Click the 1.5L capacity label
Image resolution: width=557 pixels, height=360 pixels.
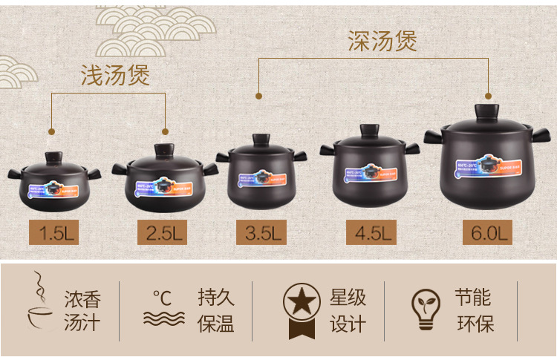click(53, 232)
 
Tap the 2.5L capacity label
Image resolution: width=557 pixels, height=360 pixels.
click(161, 232)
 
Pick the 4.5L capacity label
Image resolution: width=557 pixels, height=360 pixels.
click(369, 232)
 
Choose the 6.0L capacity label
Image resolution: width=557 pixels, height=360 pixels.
click(486, 232)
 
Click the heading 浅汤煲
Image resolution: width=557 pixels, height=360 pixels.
click(115, 75)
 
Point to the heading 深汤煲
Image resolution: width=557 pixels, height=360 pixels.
click(382, 40)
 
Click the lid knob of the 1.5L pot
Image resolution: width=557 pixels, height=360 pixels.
click(54, 158)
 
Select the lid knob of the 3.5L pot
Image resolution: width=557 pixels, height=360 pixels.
click(261, 140)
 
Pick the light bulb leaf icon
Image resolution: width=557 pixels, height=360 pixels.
click(428, 308)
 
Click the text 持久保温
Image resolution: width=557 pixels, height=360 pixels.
click(215, 310)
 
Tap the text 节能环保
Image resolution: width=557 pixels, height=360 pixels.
click(474, 310)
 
